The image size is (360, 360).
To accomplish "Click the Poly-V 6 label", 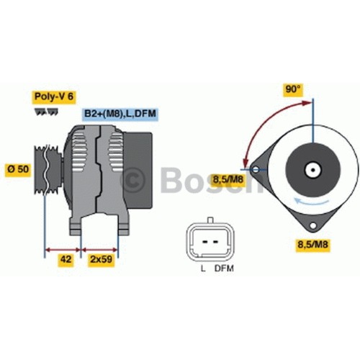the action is [x=54, y=96].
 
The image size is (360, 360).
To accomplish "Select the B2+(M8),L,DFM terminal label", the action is [x=120, y=114].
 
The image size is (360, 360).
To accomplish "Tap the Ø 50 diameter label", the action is [x=18, y=169].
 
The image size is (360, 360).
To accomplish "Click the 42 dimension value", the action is [x=66, y=259].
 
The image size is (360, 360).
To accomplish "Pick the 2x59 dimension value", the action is [x=102, y=259].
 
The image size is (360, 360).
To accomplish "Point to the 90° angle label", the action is [x=293, y=89].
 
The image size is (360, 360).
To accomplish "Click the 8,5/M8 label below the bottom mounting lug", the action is [x=312, y=245].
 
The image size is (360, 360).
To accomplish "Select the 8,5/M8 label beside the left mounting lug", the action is [x=228, y=179].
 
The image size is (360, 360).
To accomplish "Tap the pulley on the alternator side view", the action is [x=48, y=169].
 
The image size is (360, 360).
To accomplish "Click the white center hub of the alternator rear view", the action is [x=312, y=170].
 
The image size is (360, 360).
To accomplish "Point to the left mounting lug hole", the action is [x=256, y=170].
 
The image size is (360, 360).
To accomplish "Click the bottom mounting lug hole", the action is [x=312, y=225].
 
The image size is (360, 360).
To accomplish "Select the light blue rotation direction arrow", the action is [x=312, y=202].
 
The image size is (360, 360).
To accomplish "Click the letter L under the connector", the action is [x=203, y=269].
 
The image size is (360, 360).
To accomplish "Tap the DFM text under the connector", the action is [x=224, y=269].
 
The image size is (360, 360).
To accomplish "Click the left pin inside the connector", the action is [x=205, y=242].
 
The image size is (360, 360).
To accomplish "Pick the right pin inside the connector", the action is [x=215, y=242].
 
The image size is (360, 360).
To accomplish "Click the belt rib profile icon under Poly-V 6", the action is [x=46, y=112].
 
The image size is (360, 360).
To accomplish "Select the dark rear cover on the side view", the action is [x=138, y=170].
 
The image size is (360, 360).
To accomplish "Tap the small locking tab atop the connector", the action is [x=210, y=220].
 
